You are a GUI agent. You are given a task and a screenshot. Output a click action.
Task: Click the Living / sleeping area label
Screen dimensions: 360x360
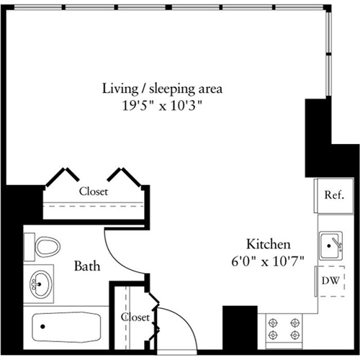(x=162, y=89)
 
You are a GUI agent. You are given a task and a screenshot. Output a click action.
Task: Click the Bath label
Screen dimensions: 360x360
(x=86, y=266)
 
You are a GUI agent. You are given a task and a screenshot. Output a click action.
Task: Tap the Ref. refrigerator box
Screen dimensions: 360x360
(x=332, y=194)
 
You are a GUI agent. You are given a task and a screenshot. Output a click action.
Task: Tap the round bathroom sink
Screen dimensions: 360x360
(x=40, y=284)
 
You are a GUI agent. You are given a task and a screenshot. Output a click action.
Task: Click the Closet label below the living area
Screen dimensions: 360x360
(x=94, y=192)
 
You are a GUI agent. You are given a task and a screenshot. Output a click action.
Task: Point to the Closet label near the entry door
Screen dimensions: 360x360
(x=135, y=317)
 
